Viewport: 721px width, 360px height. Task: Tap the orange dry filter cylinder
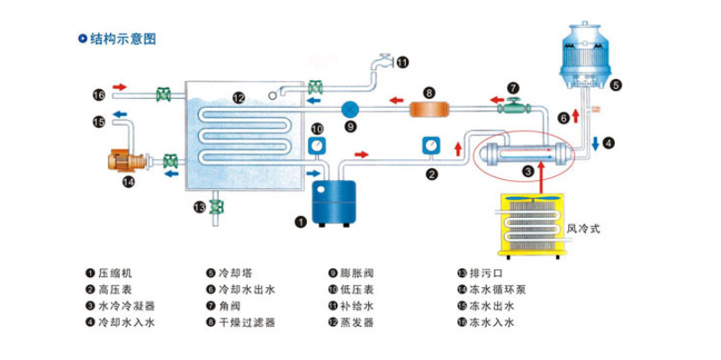pos(429,109)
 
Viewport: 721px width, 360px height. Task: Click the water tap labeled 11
pos(385,62)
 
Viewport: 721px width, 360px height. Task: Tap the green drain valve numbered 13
pos(216,207)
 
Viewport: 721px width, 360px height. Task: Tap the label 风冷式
pos(582,229)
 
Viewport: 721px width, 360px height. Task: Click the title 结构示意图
pos(122,40)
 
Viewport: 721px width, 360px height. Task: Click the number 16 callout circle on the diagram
pos(99,94)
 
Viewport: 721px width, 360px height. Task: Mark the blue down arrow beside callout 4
pos(595,143)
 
